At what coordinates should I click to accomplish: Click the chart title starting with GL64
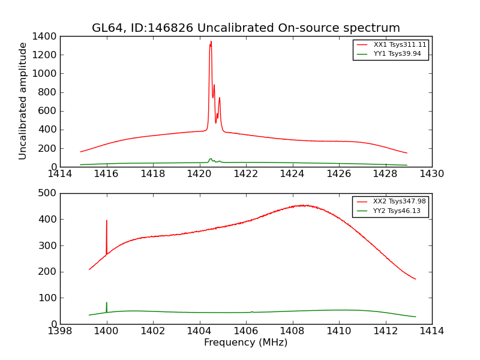(x=245, y=28)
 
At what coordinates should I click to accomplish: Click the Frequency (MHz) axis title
(x=245, y=343)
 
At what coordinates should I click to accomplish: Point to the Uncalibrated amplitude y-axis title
(x=23, y=101)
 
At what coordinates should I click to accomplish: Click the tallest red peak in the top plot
(x=211, y=42)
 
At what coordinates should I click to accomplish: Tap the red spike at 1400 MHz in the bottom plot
(x=107, y=221)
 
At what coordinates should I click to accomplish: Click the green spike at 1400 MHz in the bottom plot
(x=107, y=303)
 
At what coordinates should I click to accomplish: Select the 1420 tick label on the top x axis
(x=199, y=174)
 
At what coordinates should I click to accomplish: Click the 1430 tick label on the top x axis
(x=431, y=174)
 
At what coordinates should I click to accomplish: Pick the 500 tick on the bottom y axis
(x=49, y=193)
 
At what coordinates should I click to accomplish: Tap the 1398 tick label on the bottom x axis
(x=60, y=331)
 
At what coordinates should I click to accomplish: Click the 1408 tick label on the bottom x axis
(x=292, y=331)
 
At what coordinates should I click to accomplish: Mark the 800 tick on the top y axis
(x=49, y=92)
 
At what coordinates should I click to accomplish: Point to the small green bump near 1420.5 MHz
(x=211, y=159)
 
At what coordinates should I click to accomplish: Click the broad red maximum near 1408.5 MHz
(x=304, y=205)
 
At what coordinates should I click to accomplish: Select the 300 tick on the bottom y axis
(x=49, y=245)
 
